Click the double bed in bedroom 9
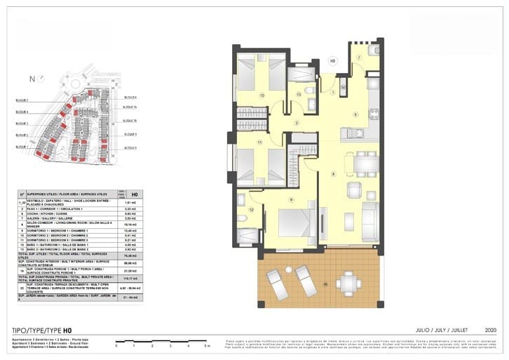tap(297, 222)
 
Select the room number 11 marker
tap(259, 142)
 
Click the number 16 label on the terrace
tap(325, 284)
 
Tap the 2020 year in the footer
tap(490, 328)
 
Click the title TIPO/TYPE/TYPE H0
tap(42, 328)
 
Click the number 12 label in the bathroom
tap(251, 209)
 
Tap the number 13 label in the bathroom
tap(298, 94)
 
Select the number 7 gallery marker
tap(358, 58)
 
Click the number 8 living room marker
tap(333, 173)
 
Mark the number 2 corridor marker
tap(297, 124)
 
